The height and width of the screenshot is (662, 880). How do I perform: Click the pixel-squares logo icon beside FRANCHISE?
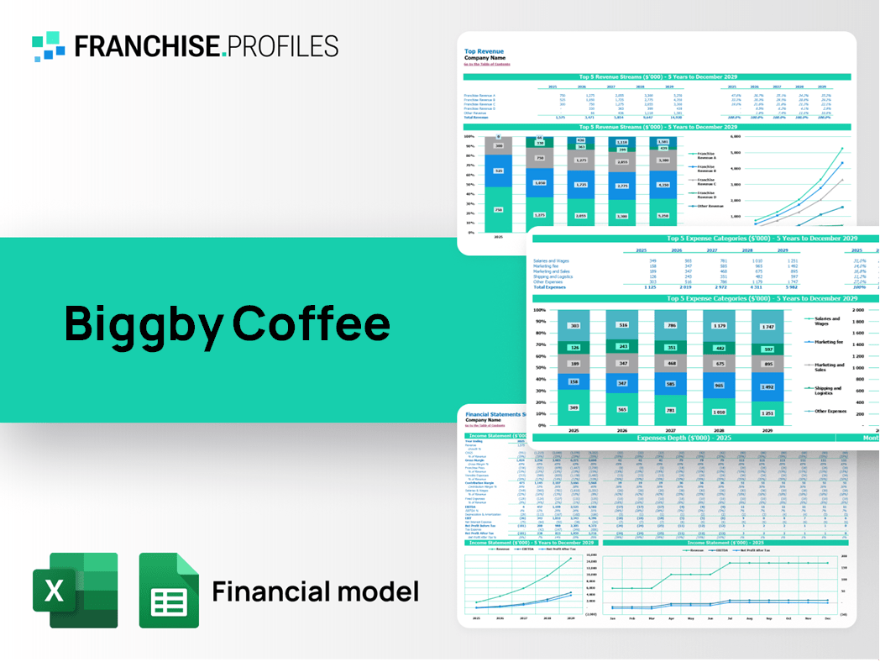pos(48,46)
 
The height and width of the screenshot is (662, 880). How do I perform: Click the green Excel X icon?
pos(75,590)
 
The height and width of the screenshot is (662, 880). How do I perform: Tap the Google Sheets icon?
pos(169,590)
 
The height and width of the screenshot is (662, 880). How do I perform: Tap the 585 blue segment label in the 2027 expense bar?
pos(670,383)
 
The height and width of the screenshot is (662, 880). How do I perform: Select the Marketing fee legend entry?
pos(827,342)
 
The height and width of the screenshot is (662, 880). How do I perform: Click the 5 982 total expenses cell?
pos(780,287)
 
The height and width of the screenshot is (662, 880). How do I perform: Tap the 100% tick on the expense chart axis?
pos(539,310)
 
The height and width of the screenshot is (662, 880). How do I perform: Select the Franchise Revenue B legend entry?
pos(706,169)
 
